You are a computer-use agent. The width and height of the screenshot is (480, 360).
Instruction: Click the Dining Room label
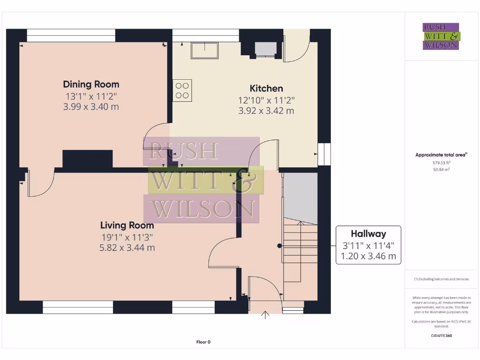click(x=91, y=84)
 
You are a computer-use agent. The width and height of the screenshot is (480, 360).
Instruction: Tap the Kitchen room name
click(x=266, y=88)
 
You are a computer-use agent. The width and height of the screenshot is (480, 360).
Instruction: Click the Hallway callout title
click(x=368, y=233)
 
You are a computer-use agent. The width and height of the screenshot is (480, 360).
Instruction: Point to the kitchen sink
click(x=204, y=50)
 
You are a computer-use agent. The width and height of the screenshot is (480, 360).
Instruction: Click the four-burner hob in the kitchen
click(x=182, y=90)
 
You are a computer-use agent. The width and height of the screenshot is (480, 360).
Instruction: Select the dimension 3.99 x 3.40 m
click(x=91, y=107)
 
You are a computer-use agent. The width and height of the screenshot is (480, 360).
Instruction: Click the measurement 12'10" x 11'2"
click(x=266, y=100)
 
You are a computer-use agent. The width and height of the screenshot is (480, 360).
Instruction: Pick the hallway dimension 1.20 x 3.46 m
click(x=368, y=256)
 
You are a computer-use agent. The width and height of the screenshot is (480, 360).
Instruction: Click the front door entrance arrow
click(x=265, y=315)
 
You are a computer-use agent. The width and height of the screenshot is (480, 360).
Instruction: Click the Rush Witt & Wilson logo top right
click(x=441, y=36)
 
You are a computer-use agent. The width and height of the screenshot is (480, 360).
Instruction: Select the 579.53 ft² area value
click(x=441, y=163)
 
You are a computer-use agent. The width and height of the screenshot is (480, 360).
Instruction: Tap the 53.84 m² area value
click(x=441, y=170)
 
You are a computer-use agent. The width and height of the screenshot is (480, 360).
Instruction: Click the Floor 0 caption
click(x=203, y=342)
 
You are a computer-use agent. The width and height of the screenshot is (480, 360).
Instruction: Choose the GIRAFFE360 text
click(x=441, y=336)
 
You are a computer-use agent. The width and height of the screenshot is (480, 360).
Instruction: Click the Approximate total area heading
click(x=441, y=155)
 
